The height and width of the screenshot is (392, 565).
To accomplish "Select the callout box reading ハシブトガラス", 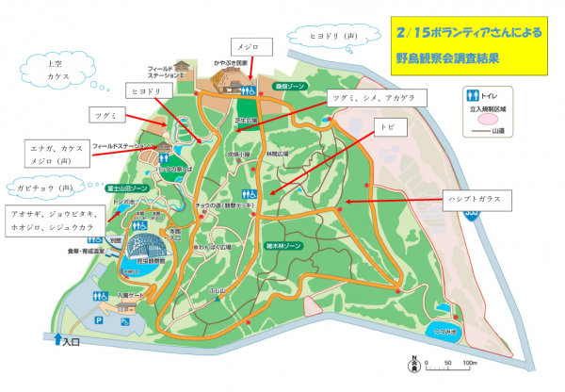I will [476, 199].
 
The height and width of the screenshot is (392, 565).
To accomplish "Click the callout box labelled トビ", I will [386, 126].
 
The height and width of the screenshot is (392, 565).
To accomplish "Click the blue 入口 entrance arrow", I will [59, 338].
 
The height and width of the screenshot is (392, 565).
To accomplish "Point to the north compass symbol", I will [412, 361].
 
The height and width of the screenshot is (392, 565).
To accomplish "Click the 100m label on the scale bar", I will [469, 362].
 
